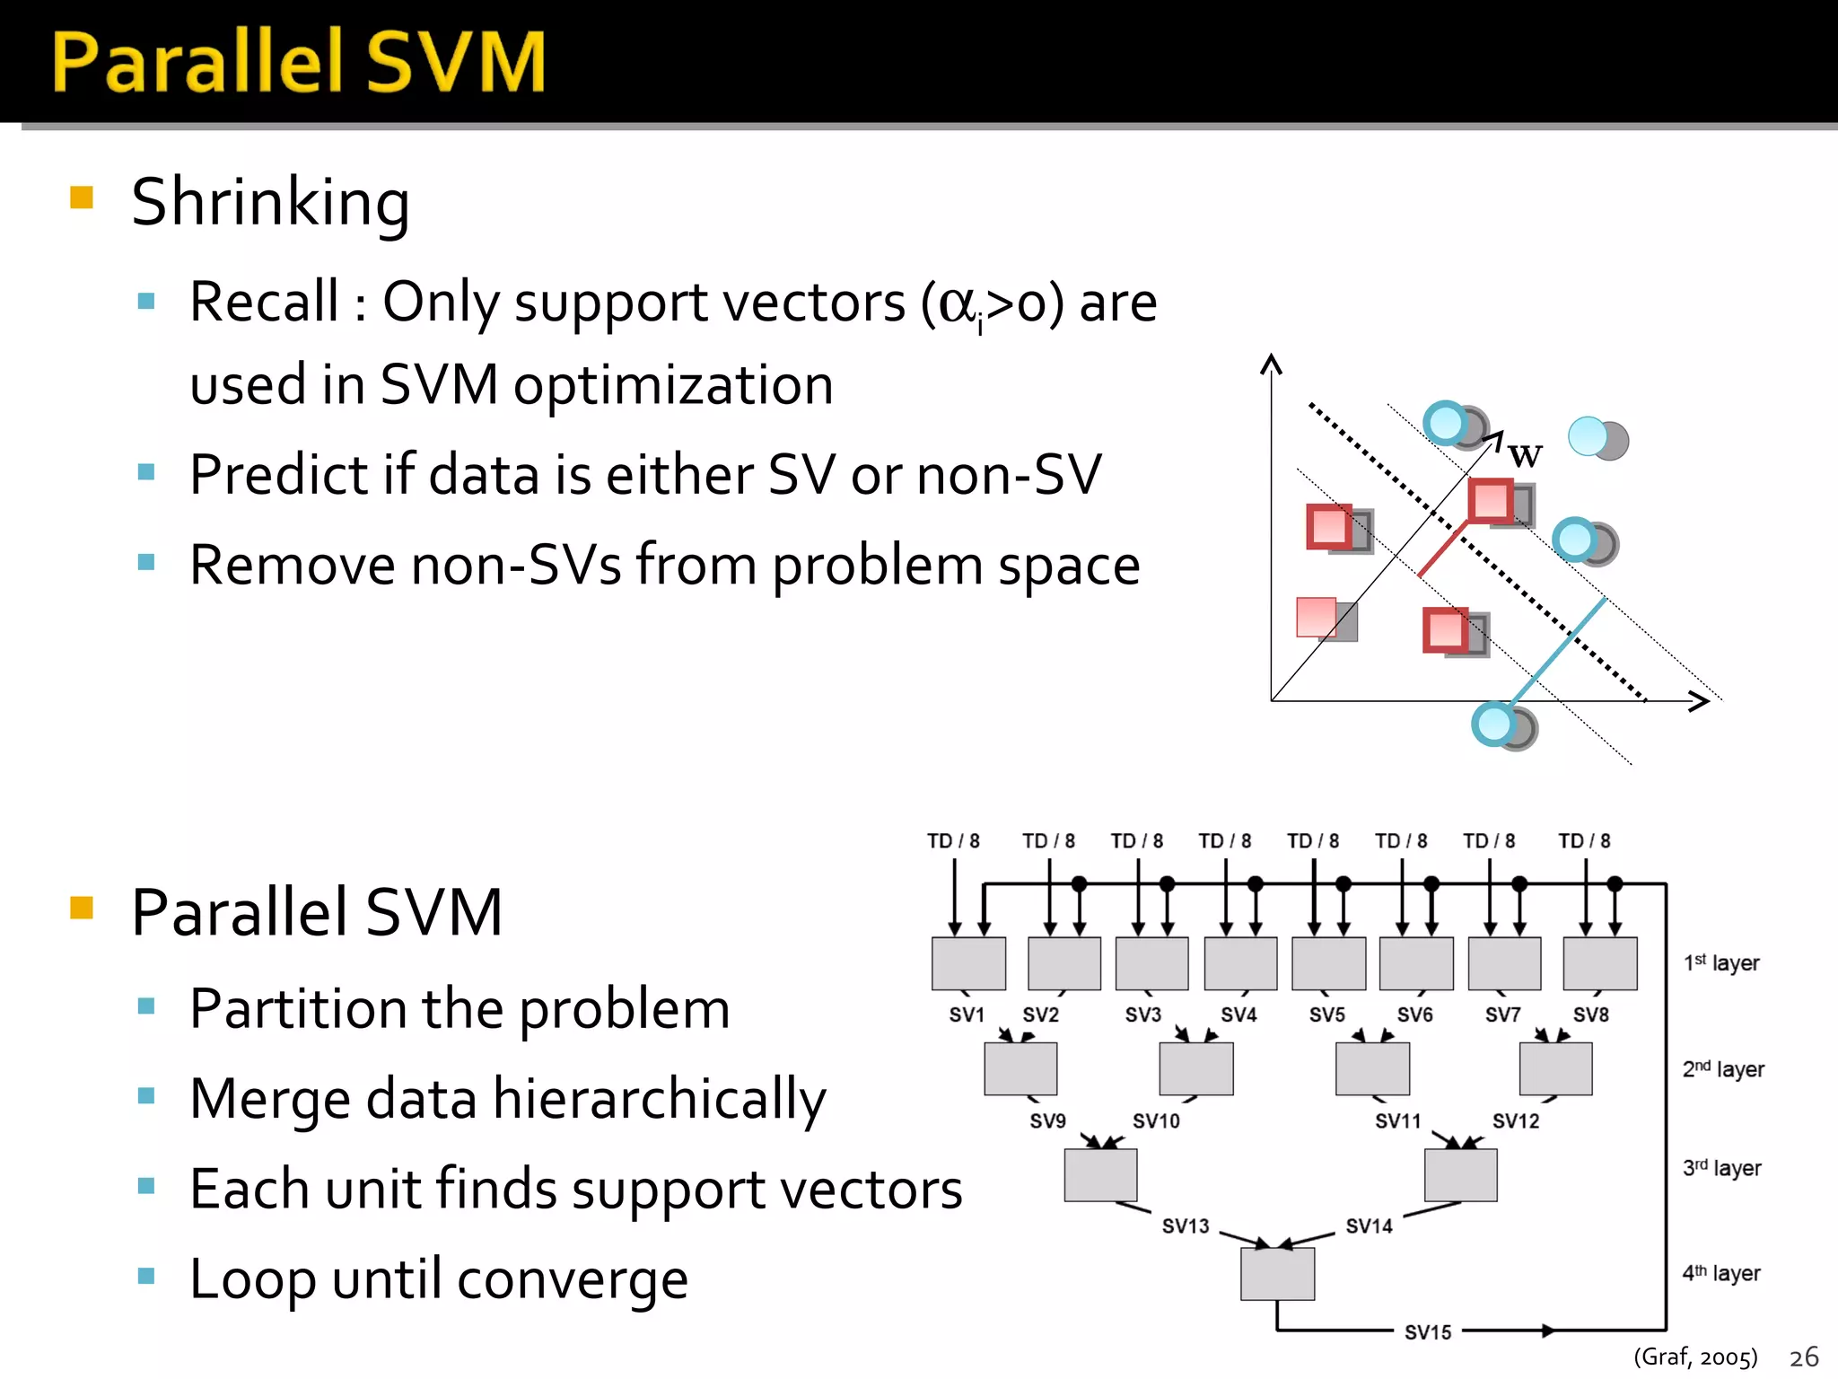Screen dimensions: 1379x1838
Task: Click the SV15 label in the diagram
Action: [x=1427, y=1332]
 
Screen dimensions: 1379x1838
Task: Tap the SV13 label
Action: [x=1186, y=1226]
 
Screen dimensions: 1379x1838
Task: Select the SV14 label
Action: [x=1369, y=1226]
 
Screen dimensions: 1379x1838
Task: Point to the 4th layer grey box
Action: [x=1277, y=1274]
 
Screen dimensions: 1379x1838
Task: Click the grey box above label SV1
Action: [x=968, y=963]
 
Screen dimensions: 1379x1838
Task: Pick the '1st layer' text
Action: [x=1721, y=963]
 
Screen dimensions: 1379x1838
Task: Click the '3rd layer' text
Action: [x=1721, y=1168]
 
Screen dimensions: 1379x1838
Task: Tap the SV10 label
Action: [x=1156, y=1121]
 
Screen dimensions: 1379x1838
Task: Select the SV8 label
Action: [x=1590, y=1015]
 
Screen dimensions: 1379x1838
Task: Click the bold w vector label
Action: [x=1525, y=455]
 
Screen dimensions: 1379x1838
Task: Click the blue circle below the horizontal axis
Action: [x=1495, y=724]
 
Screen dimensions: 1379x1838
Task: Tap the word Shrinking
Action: [x=270, y=203]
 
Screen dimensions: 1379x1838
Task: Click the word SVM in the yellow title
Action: [x=456, y=63]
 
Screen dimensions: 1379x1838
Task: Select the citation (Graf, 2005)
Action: [x=1694, y=1357]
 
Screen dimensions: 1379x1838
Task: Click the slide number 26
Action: [x=1804, y=1357]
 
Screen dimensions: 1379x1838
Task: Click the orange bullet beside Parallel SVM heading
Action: [x=82, y=908]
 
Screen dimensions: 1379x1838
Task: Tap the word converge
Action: [x=592, y=1279]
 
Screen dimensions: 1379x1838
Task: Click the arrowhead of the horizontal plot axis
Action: [x=1699, y=701]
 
